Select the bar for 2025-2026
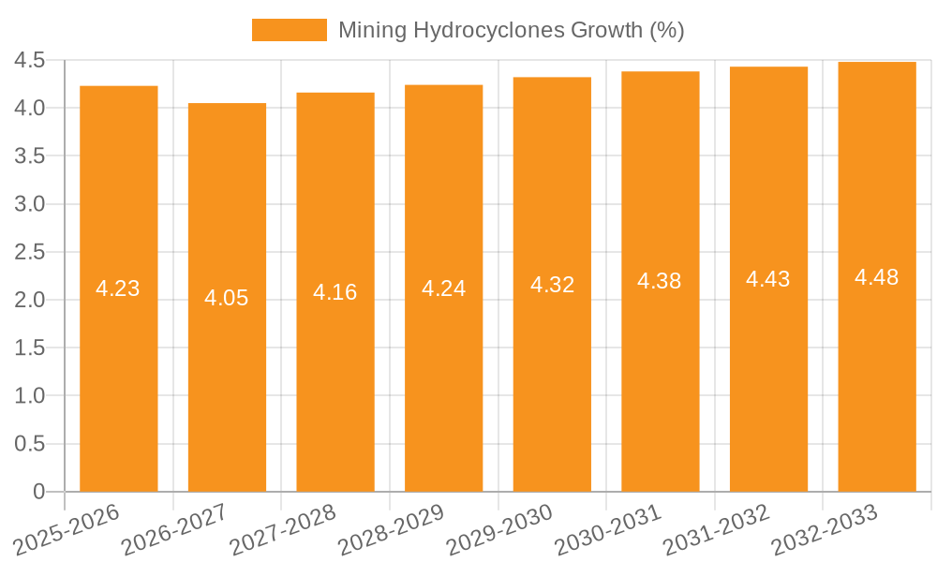(x=118, y=288)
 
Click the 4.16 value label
(x=335, y=292)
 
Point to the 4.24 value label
(x=443, y=288)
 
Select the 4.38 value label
(x=660, y=281)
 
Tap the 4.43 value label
(x=768, y=279)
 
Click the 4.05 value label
(x=227, y=298)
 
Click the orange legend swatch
(x=290, y=30)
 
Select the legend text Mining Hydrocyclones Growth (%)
(x=511, y=30)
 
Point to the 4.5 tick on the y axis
(x=30, y=61)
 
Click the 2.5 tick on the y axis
(x=30, y=252)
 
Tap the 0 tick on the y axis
(x=38, y=492)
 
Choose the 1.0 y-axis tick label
(x=30, y=396)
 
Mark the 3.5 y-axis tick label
(x=30, y=156)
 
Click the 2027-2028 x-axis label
(x=283, y=529)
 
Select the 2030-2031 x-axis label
(x=608, y=529)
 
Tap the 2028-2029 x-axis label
(x=391, y=529)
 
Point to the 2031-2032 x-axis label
(x=716, y=529)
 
